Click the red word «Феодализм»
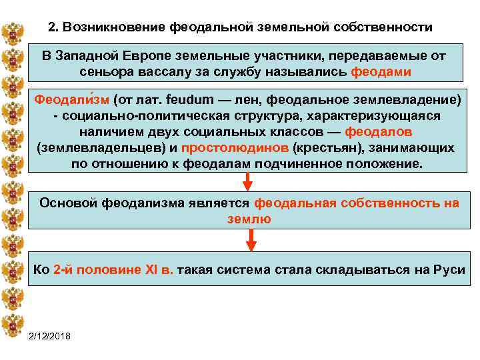coord(71,100)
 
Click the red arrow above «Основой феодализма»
coord(247,180)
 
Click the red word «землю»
coord(249,219)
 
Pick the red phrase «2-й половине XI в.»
coord(107,269)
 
